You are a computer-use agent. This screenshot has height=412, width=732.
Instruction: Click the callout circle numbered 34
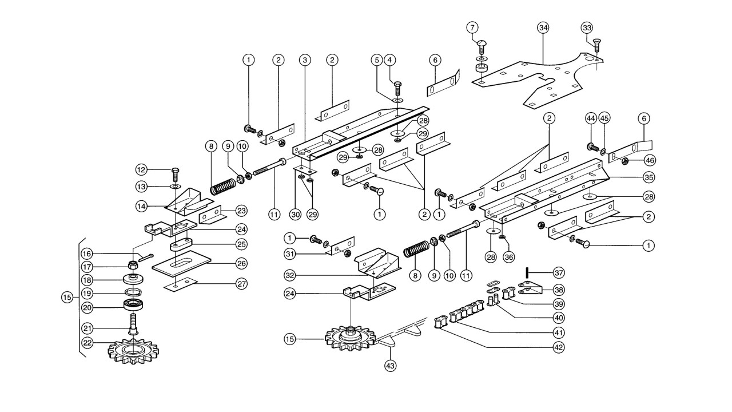pyautogui.click(x=543, y=28)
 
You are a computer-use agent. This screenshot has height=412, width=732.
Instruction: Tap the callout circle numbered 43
pyautogui.click(x=391, y=365)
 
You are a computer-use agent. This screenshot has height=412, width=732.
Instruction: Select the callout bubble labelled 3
pyautogui.click(x=305, y=60)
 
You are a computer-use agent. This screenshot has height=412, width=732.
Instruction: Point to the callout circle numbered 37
pyautogui.click(x=559, y=272)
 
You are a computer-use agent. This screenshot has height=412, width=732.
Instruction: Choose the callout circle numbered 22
pyautogui.click(x=87, y=343)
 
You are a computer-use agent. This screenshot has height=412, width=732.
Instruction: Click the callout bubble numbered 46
pyautogui.click(x=650, y=161)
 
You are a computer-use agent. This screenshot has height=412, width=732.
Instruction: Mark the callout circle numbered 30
pyautogui.click(x=296, y=214)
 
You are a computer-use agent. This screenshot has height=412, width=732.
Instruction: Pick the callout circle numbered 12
pyautogui.click(x=142, y=170)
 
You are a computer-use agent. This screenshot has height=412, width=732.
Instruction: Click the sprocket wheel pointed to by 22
pyautogui.click(x=133, y=351)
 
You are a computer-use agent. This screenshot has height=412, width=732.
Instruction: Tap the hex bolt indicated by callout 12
pyautogui.click(x=175, y=176)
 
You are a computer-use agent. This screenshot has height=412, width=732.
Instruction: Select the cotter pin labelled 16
pyautogui.click(x=146, y=257)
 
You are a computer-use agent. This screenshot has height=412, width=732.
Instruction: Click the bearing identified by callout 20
pyautogui.click(x=133, y=305)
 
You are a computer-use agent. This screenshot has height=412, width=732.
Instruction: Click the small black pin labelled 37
pyautogui.click(x=527, y=272)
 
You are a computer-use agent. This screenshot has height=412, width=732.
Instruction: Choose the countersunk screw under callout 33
pyautogui.click(x=597, y=45)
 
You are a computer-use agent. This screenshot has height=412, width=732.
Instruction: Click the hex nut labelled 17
pyautogui.click(x=132, y=265)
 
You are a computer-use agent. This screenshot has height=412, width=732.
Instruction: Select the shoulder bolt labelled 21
pyautogui.click(x=134, y=324)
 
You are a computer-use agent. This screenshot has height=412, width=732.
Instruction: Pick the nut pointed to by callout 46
pyautogui.click(x=625, y=161)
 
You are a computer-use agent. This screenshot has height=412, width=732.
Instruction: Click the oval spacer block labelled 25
pyautogui.click(x=181, y=244)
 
